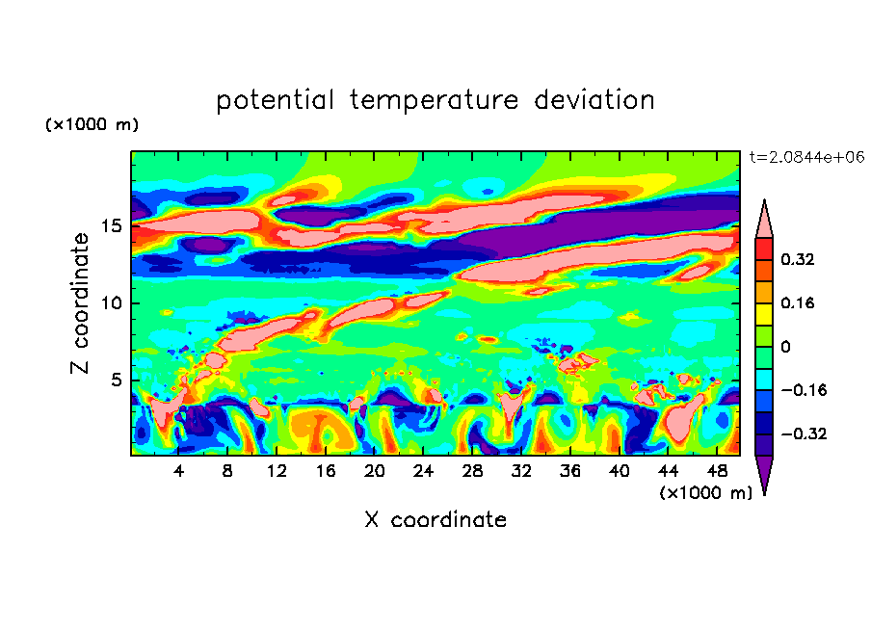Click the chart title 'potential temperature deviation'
coord(435,100)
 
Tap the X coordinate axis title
coord(435,520)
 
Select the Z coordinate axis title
coord(81,303)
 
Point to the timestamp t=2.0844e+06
coord(805,156)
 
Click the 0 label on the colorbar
coord(785,347)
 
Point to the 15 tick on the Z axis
coord(113,226)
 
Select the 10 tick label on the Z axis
coord(113,303)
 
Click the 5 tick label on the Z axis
coord(118,380)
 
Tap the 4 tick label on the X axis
coord(179,471)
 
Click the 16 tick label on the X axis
coord(326,471)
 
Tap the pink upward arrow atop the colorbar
coord(764,218)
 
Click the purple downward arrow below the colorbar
coord(764,474)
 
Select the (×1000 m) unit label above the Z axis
coord(92,125)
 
